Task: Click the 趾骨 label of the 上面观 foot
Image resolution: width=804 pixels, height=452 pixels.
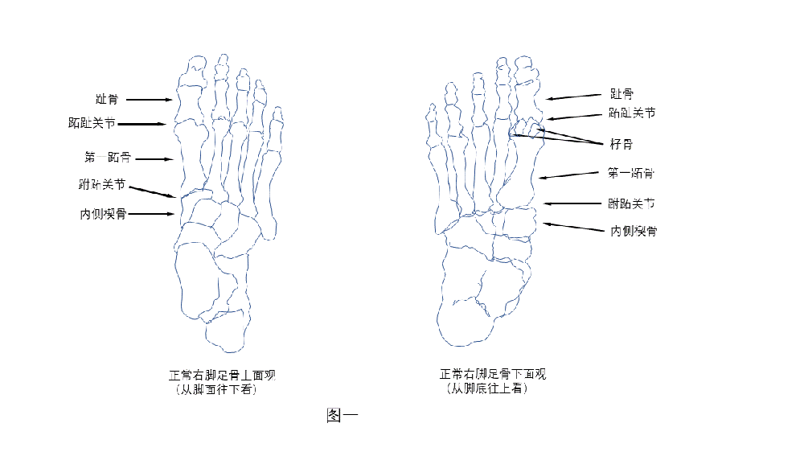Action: click(x=106, y=100)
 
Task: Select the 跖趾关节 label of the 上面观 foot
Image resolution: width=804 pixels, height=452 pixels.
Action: click(x=92, y=124)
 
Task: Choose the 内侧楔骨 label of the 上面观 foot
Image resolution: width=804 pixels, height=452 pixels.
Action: click(x=102, y=214)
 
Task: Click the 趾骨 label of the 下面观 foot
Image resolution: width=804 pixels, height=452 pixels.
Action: click(x=621, y=95)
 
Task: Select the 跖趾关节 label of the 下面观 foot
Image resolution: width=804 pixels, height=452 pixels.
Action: click(x=632, y=113)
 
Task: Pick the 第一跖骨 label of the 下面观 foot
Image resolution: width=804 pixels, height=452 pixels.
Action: click(x=631, y=173)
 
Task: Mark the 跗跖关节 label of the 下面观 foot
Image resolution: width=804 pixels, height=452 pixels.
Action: click(x=632, y=203)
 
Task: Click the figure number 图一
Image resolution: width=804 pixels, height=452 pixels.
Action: click(x=342, y=416)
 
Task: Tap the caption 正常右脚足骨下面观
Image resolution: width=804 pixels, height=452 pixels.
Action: click(x=493, y=375)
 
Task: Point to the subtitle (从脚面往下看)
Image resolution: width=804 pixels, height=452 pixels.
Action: click(x=216, y=390)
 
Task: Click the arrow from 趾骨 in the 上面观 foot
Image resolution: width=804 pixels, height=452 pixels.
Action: click(x=149, y=100)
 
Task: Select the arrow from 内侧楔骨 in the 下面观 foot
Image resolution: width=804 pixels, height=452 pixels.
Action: click(x=574, y=227)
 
